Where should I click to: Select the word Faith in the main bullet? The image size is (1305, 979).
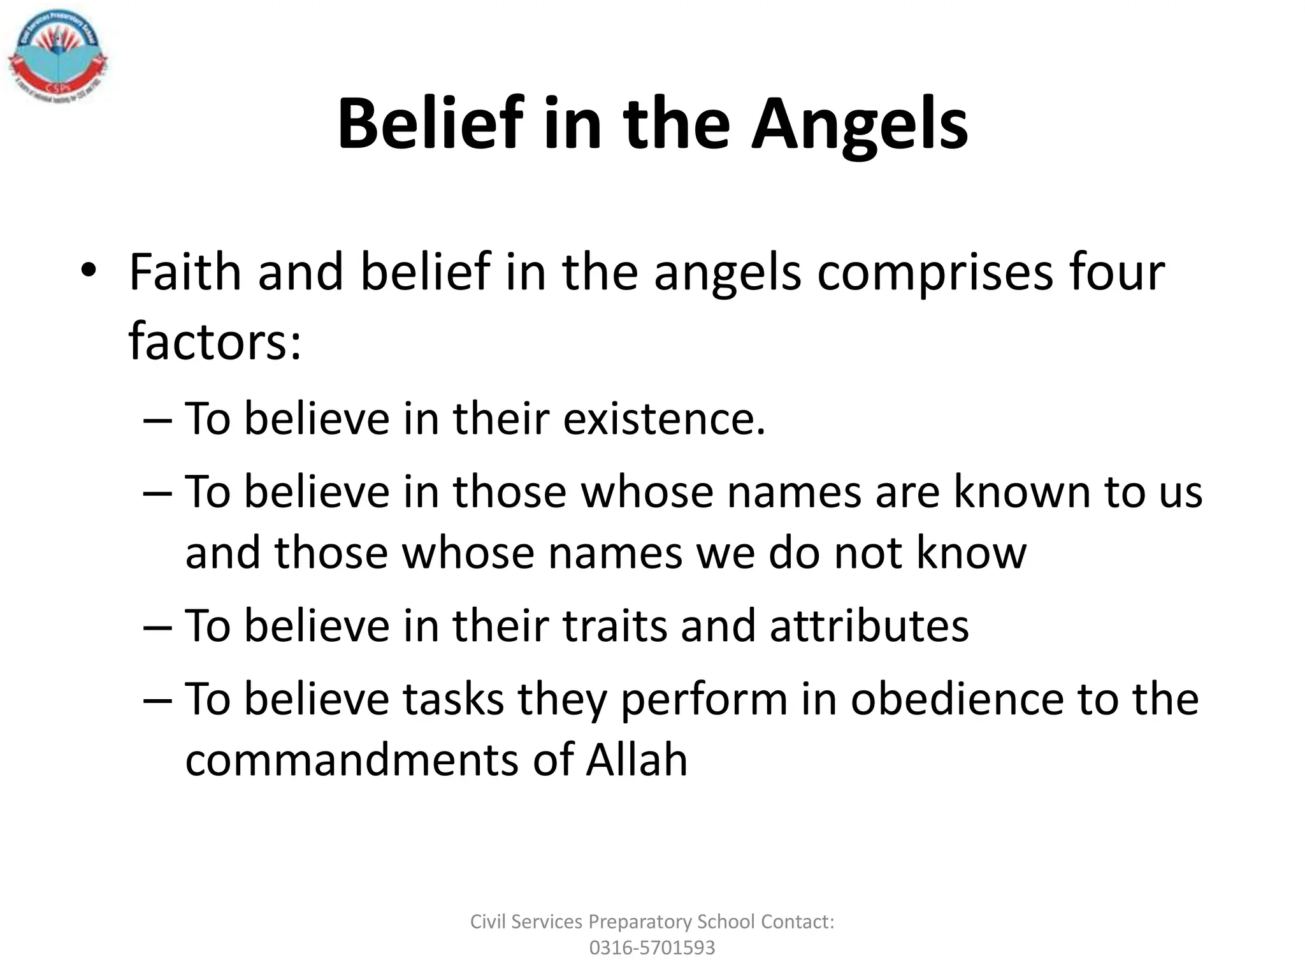point(185,272)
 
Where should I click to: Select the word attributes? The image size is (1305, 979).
point(869,626)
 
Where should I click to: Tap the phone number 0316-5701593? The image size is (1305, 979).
point(652,948)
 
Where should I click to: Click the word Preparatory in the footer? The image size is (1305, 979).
point(640,922)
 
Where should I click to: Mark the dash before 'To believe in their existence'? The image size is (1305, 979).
point(157,420)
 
